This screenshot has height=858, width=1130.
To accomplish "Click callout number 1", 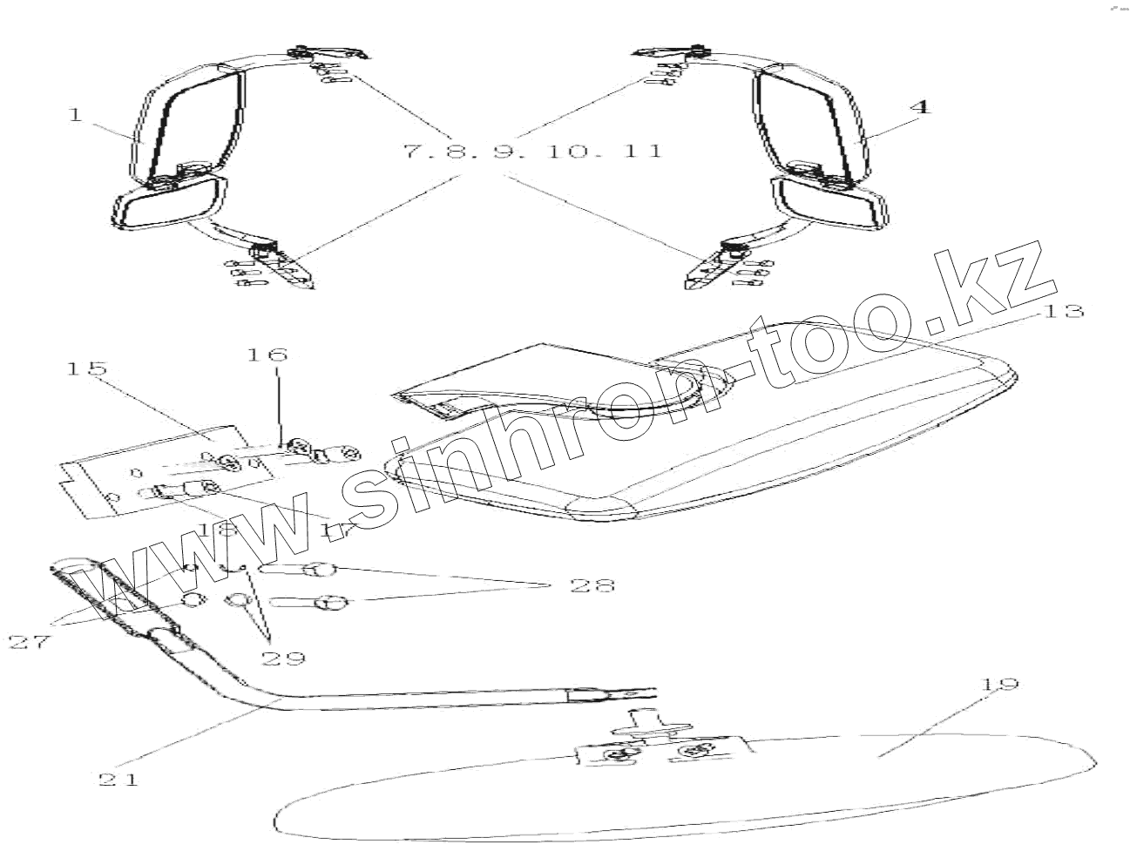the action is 76,114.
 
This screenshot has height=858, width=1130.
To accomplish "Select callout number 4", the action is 921,107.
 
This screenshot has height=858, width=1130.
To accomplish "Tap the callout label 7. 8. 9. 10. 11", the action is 531,152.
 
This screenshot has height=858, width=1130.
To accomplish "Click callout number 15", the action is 86,368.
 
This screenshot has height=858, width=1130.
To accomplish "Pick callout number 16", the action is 267,355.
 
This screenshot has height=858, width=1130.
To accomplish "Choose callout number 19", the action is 998,684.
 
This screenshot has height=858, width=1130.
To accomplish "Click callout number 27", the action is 30,642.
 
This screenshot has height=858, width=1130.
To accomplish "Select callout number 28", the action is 592,584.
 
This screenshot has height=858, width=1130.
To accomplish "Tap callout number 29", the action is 283,658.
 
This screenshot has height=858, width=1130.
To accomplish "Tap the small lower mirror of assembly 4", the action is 832,206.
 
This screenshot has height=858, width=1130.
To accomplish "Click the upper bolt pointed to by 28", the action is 301,571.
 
